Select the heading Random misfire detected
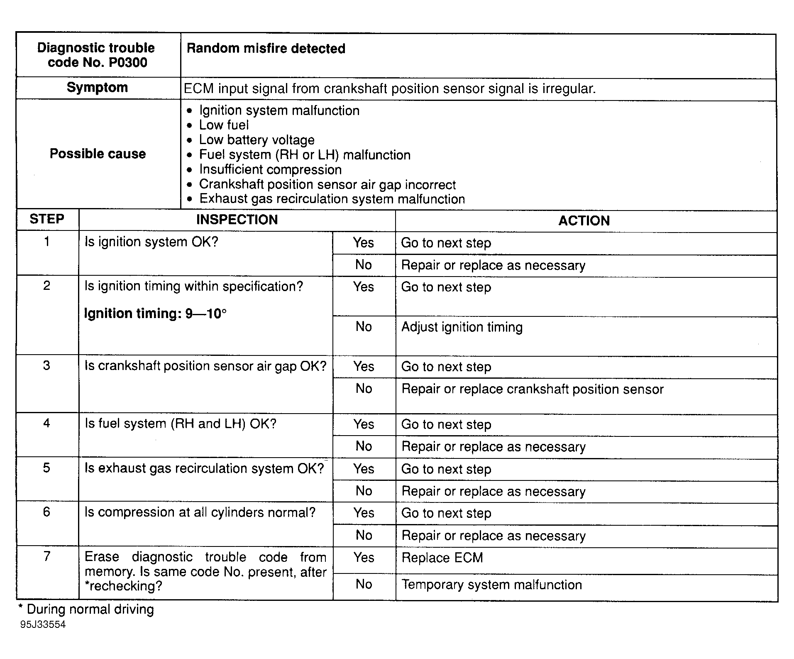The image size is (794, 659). [266, 49]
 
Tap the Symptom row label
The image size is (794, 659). [97, 88]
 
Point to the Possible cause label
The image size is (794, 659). [98, 154]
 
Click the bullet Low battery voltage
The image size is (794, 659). [257, 140]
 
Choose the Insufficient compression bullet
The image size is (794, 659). [270, 169]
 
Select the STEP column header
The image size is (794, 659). [47, 219]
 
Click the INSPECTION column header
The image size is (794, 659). [237, 220]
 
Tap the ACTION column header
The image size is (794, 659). [584, 220]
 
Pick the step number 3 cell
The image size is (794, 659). [46, 365]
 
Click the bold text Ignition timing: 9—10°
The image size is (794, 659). [155, 313]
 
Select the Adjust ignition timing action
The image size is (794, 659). [462, 327]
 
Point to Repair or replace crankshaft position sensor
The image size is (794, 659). [532, 389]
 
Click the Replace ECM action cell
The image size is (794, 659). [442, 557]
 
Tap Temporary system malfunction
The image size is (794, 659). [491, 585]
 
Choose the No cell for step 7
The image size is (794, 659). [364, 584]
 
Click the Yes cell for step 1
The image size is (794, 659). [364, 243]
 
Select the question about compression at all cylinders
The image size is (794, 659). [200, 512]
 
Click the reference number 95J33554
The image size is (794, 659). [43, 625]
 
